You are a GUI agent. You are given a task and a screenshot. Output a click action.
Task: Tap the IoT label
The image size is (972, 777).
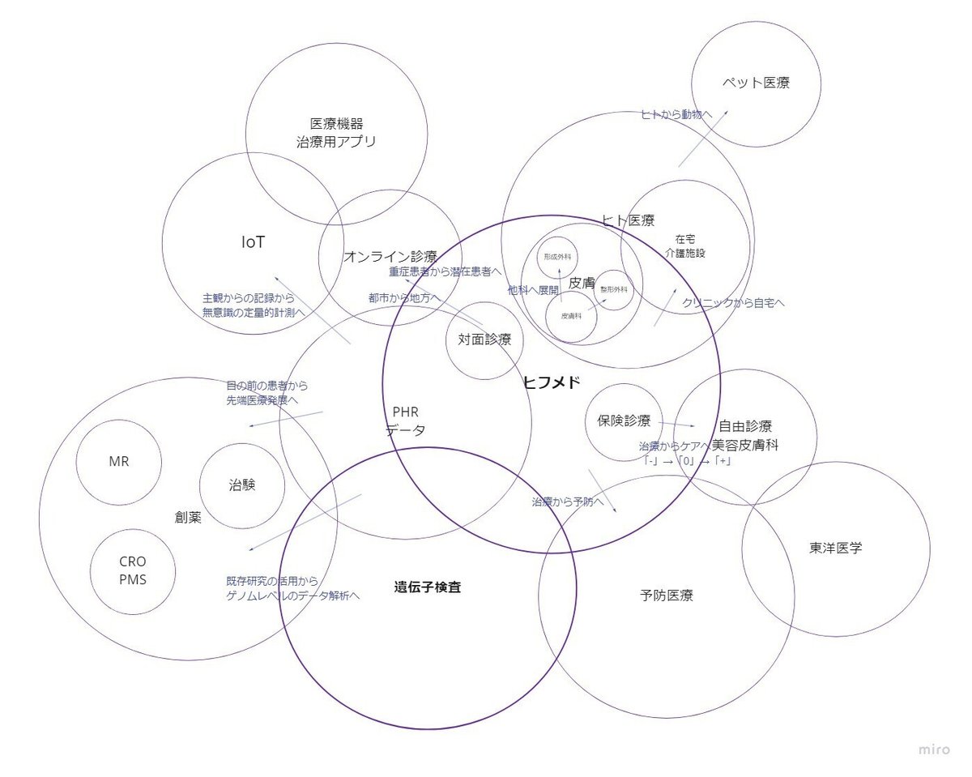(x=254, y=242)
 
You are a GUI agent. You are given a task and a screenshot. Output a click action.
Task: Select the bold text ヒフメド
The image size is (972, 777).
(x=552, y=383)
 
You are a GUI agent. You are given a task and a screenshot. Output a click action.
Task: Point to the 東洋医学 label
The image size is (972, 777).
(x=835, y=548)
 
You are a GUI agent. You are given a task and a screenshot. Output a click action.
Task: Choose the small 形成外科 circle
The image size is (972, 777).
(x=557, y=256)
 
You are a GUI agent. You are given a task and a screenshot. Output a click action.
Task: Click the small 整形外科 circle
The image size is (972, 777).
(x=614, y=289)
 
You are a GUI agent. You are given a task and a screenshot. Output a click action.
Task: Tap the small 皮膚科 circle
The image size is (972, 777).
(x=571, y=317)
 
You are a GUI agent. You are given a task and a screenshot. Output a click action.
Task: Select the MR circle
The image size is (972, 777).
(x=119, y=462)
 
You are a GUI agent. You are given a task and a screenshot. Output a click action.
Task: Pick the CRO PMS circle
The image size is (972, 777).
(x=133, y=571)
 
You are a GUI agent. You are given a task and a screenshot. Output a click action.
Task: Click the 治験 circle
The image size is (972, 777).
(x=242, y=485)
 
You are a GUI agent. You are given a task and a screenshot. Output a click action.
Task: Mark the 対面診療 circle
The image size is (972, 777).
(x=484, y=340)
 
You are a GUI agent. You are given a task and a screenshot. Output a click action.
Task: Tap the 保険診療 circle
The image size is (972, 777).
(x=624, y=421)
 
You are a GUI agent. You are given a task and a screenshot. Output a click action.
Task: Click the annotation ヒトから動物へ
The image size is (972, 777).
(x=676, y=115)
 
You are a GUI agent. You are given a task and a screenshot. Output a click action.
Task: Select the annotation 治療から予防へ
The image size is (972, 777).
(x=568, y=502)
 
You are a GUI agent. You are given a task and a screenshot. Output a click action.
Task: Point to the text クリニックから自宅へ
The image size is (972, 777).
(x=733, y=303)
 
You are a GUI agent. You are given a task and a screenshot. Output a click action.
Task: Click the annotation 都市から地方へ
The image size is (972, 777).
(x=404, y=298)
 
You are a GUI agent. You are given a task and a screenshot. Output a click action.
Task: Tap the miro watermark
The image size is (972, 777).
(x=934, y=749)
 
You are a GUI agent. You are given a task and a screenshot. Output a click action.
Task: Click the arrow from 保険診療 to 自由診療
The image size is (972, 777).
(x=677, y=424)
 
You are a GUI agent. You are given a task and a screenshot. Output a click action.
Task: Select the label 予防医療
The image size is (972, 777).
(x=666, y=596)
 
